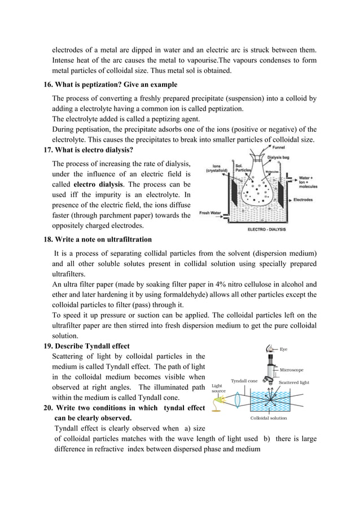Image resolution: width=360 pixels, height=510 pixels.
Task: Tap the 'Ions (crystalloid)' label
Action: (x=216, y=168)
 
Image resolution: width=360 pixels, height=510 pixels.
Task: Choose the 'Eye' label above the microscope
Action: (x=284, y=348)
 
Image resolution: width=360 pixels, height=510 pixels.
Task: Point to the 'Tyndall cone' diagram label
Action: (x=244, y=381)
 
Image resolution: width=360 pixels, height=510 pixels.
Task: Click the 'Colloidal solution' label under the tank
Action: (x=268, y=418)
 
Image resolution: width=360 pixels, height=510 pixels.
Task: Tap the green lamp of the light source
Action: (x=219, y=399)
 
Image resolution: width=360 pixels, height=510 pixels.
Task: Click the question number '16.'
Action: (x=49, y=85)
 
